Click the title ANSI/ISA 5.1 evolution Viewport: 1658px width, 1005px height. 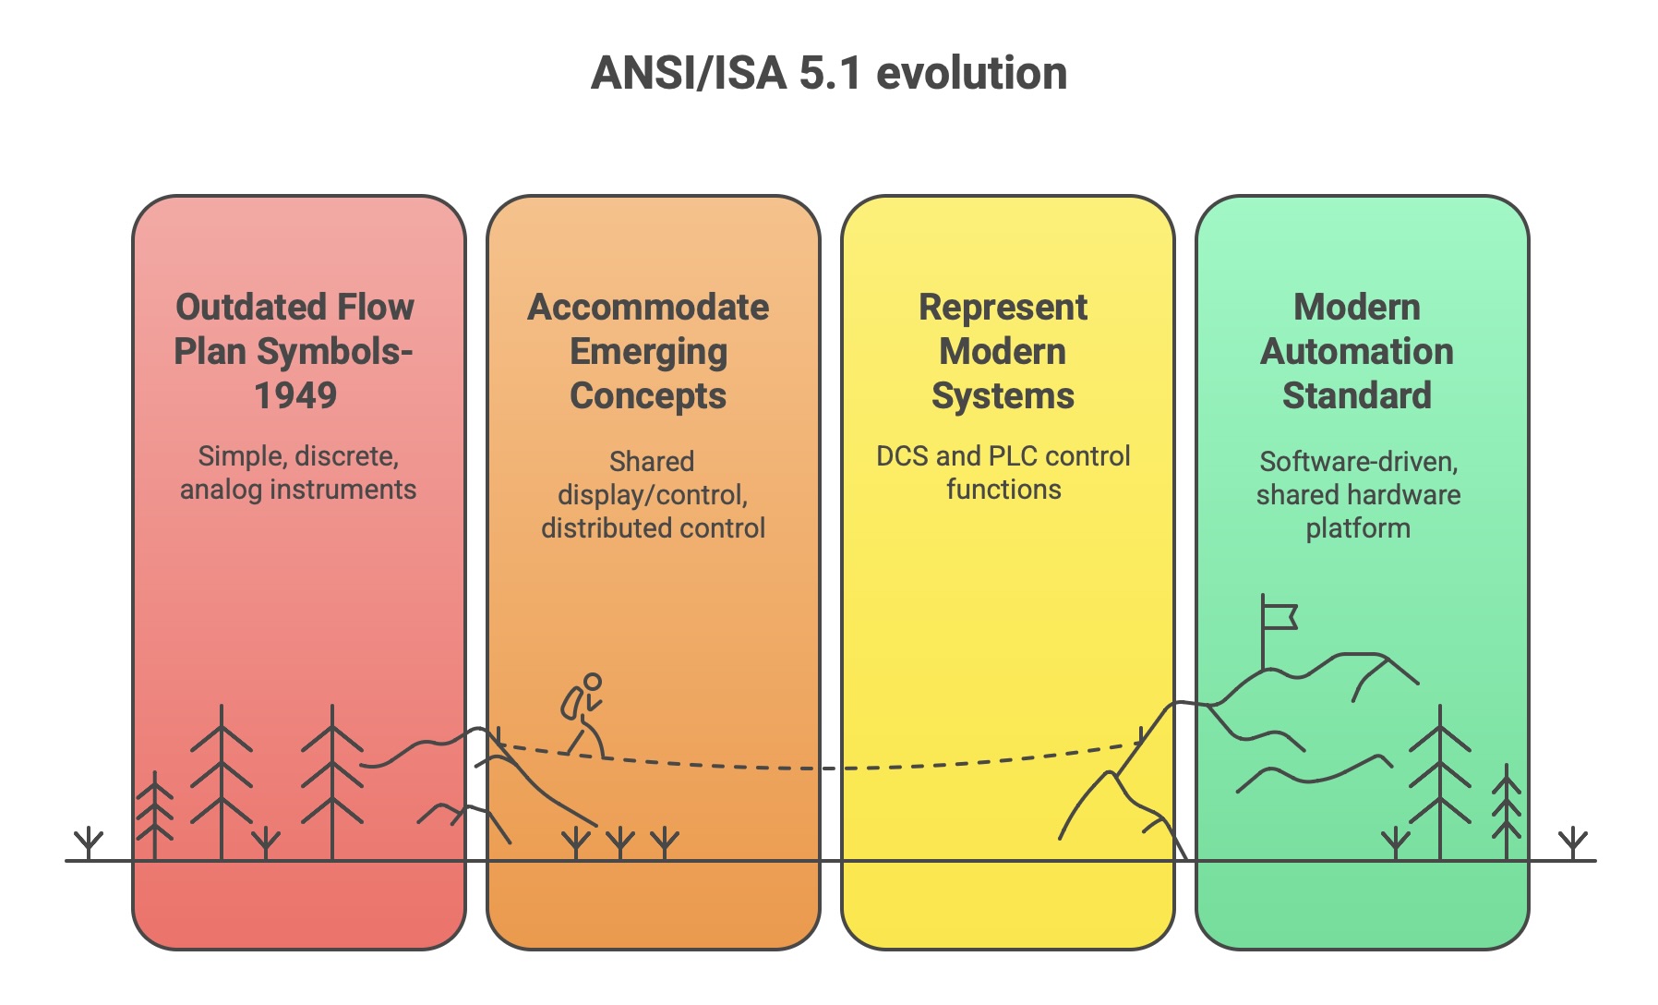click(x=828, y=73)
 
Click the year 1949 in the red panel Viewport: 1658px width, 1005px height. click(x=295, y=395)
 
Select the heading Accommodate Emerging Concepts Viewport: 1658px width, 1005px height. click(x=648, y=351)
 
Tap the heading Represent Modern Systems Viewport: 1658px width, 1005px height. click(x=1003, y=351)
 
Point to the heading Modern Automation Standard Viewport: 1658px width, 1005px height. click(x=1357, y=351)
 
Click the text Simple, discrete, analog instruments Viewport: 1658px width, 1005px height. click(x=297, y=472)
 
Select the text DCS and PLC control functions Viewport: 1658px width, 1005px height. click(x=1003, y=472)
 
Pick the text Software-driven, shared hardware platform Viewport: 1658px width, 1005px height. click(x=1358, y=494)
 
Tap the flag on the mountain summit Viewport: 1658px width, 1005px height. click(x=1280, y=616)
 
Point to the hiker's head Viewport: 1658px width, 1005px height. click(x=593, y=682)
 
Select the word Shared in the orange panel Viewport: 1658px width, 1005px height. click(x=652, y=461)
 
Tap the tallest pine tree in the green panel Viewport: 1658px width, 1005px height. click(x=1439, y=781)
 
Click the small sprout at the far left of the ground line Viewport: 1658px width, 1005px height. click(x=89, y=842)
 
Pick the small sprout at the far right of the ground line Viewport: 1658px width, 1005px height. click(x=1573, y=842)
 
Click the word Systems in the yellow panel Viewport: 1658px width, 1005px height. click(x=1003, y=395)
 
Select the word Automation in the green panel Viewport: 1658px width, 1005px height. click(x=1357, y=351)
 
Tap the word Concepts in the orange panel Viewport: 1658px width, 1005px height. click(x=648, y=395)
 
